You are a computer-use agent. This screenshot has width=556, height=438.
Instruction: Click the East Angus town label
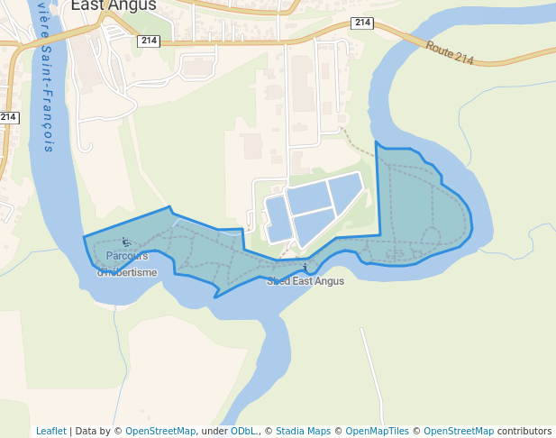click(x=114, y=5)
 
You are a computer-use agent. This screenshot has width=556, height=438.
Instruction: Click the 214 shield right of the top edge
click(x=362, y=23)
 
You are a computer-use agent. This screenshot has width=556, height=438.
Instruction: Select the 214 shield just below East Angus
click(x=149, y=41)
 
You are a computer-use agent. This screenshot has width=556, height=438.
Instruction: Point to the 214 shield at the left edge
click(x=8, y=117)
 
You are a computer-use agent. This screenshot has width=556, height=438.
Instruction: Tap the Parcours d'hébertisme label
click(x=126, y=264)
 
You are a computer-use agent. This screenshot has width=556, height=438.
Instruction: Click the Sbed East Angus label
click(x=305, y=281)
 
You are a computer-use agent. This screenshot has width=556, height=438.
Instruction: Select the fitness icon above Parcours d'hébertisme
click(x=125, y=242)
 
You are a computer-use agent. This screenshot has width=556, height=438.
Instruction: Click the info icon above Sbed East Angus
click(x=306, y=267)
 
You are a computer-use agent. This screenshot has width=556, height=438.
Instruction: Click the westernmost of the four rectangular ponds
click(x=278, y=218)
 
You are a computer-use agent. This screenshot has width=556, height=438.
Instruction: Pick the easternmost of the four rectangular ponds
click(x=345, y=191)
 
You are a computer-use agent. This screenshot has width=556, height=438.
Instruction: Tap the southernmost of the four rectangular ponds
click(x=313, y=225)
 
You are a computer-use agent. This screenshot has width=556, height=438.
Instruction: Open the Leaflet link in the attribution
click(x=50, y=431)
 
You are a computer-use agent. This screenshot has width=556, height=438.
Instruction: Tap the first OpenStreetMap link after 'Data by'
click(x=160, y=431)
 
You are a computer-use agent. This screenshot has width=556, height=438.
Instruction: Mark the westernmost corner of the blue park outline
click(x=85, y=237)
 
